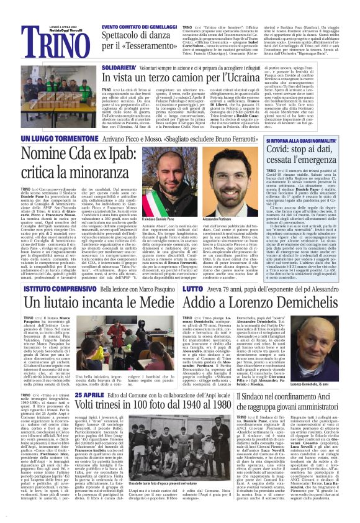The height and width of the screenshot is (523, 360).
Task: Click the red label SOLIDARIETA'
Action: click(x=119, y=64)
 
